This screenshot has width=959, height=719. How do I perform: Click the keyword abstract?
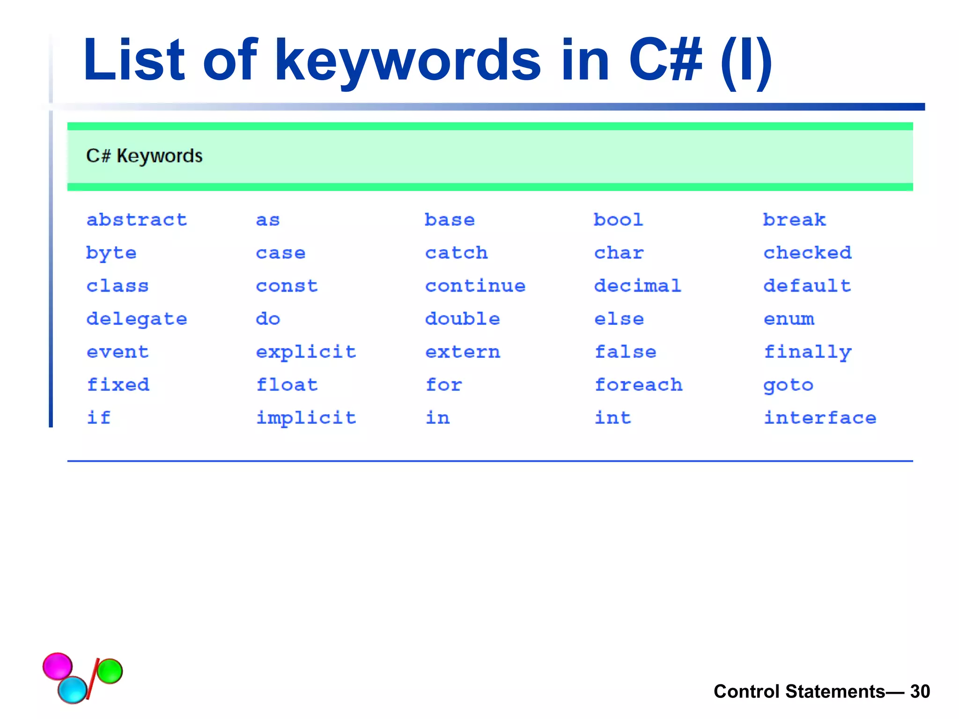coord(137,220)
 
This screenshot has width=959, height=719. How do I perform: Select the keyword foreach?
coord(638,385)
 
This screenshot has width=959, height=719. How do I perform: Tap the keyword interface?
coord(820,418)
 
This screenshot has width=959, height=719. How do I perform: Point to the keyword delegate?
coord(137,319)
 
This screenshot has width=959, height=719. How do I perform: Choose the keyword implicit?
coord(306,418)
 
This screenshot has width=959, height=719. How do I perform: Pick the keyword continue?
coord(475,286)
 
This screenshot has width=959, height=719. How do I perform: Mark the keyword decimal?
coord(638,286)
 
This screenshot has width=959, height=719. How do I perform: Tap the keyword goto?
coord(789,385)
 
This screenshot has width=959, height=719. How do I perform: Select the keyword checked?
coord(807,253)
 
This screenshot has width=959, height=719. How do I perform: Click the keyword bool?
coord(619,220)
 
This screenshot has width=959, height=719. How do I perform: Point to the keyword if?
coord(99,418)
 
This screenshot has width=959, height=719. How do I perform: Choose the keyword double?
coord(463,319)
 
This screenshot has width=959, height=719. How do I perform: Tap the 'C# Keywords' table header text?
coord(144,156)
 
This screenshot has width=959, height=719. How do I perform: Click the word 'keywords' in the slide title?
coord(407,61)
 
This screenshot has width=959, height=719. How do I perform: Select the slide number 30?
coord(920,691)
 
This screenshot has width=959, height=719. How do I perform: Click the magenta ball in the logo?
coord(58,666)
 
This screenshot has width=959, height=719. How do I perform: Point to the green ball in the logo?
coord(110,671)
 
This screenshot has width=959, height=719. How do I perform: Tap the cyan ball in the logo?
coord(73,690)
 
